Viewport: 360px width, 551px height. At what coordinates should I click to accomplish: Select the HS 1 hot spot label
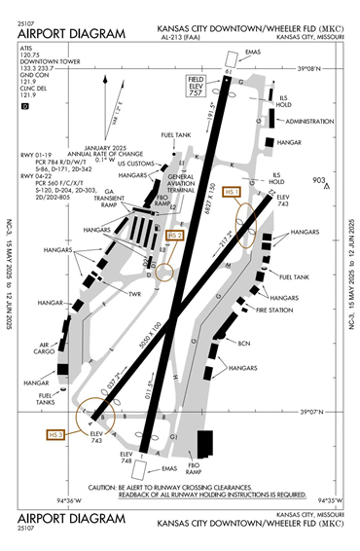pyautogui.click(x=232, y=194)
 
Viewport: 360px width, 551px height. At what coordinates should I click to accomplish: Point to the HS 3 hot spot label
pyautogui.click(x=54, y=433)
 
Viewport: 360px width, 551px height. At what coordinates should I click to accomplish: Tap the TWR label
pyautogui.click(x=132, y=294)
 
